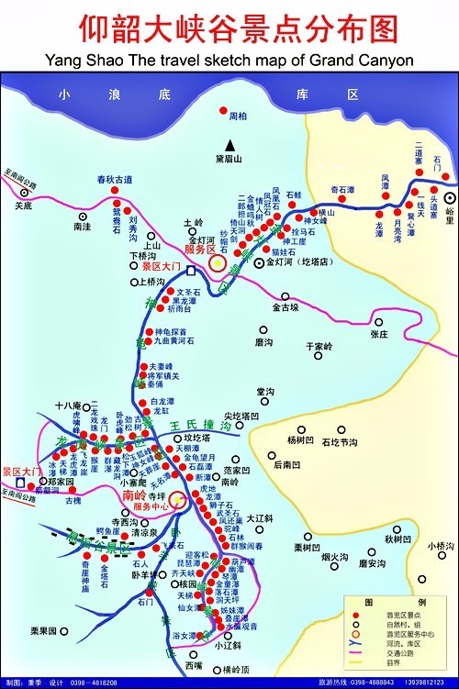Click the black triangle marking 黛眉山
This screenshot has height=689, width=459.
(x=233, y=145)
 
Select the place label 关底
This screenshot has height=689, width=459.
(x=24, y=205)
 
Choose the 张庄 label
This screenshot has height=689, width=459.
(x=379, y=335)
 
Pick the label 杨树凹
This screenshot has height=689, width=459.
(x=299, y=440)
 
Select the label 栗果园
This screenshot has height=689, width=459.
(x=43, y=631)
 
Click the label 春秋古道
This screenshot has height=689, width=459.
(x=115, y=178)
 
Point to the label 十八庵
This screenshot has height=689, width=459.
(x=69, y=405)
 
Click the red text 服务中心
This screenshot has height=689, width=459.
(x=152, y=506)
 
